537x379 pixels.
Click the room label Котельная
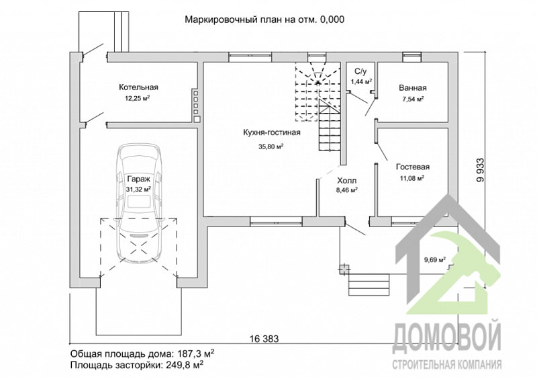pyautogui.click(x=138, y=87)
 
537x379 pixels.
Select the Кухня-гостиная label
pyautogui.click(x=272, y=132)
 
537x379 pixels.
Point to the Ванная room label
pyautogui.click(x=413, y=88)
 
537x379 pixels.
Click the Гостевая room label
pyautogui.click(x=413, y=167)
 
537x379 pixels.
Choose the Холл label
pyautogui.click(x=346, y=180)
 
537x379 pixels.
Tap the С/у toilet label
pyautogui.click(x=360, y=71)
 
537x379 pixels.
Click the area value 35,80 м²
pyautogui.click(x=271, y=146)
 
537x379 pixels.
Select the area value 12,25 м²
pyautogui.click(x=138, y=98)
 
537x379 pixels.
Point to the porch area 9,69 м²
pyautogui.click(x=435, y=259)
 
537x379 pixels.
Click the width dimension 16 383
pyautogui.click(x=264, y=339)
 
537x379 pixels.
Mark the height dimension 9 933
pyautogui.click(x=481, y=170)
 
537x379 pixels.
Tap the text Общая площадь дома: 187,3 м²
pyautogui.click(x=142, y=353)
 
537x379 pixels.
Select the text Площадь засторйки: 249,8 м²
pyautogui.click(x=137, y=365)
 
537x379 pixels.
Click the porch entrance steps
pyautogui.click(x=369, y=285)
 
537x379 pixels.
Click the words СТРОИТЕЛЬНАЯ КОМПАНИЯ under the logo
pyautogui.click(x=447, y=364)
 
